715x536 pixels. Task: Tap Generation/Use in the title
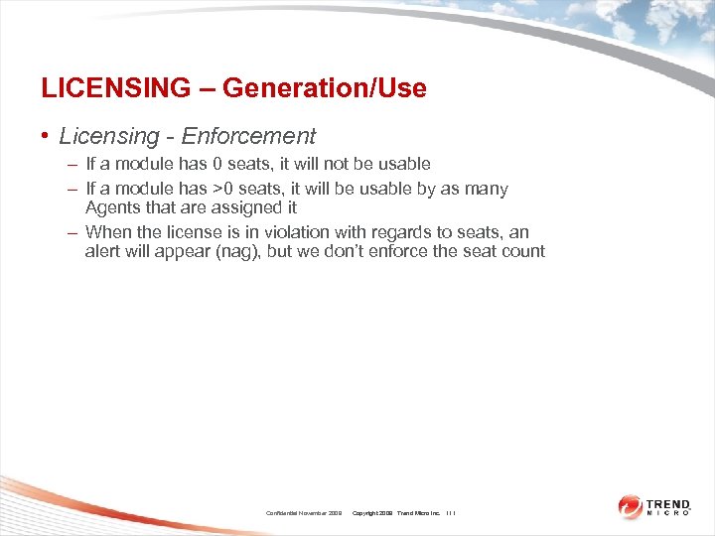325,88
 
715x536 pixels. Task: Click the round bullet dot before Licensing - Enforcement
46,137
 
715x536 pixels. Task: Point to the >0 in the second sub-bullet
224,189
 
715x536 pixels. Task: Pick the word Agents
112,207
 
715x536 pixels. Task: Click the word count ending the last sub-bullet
523,251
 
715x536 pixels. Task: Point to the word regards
400,232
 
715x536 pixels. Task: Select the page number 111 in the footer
451,513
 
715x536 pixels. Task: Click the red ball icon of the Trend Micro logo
631,506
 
